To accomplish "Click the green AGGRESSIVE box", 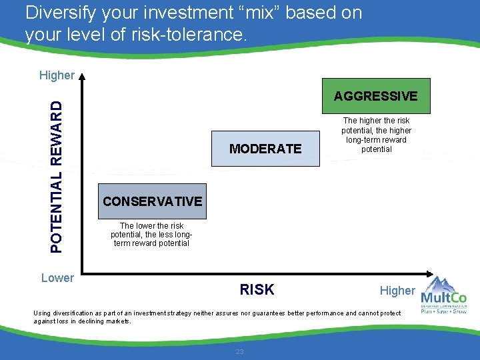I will coord(375,96).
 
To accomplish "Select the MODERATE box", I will coord(265,149).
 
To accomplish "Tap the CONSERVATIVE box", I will coord(152,201).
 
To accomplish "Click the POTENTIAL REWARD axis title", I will coord(59,177).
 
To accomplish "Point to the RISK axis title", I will coord(257,289).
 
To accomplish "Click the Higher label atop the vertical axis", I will coord(57,75).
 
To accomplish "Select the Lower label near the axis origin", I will coord(57,278).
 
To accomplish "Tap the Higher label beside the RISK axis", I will coord(397,290).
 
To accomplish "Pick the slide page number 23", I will coord(239,351).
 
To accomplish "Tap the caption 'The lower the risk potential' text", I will coord(152,235).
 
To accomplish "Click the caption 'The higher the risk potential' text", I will coord(376,135).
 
